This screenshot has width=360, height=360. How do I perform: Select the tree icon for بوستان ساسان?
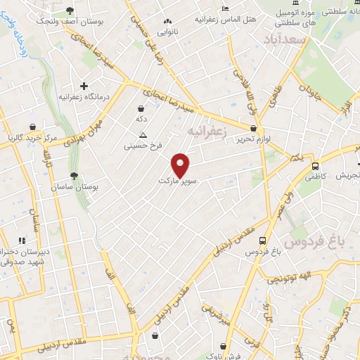pos(75,176)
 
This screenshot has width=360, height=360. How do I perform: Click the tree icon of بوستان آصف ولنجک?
pos(70,10)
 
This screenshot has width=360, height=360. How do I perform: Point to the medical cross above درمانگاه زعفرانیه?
pos(84,85)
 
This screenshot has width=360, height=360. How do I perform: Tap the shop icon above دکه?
pos(142,108)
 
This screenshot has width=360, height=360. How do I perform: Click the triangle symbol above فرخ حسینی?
pos(143,135)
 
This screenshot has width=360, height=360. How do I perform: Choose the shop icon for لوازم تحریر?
pos(253,128)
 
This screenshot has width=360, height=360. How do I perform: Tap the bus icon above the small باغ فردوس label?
pos(263,239)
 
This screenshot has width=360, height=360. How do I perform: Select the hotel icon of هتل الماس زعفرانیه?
pos(224,8)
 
